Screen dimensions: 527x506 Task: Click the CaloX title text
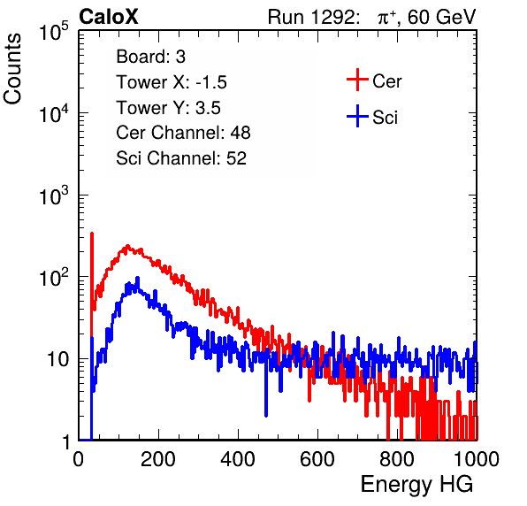[x=109, y=17]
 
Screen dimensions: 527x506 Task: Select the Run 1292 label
[x=311, y=17]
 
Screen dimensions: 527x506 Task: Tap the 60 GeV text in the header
[x=441, y=17]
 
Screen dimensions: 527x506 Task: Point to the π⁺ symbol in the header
[x=386, y=17]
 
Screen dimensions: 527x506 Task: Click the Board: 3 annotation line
[x=150, y=57]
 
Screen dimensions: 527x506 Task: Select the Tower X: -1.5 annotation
[x=172, y=82]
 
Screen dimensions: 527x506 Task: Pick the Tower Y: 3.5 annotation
[x=168, y=108]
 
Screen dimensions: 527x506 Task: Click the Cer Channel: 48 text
[x=183, y=133]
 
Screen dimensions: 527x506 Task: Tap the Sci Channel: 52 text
[x=181, y=158]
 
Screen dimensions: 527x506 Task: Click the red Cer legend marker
[x=357, y=80]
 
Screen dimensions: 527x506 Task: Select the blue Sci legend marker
[x=357, y=116]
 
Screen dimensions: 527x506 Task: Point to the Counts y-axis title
[x=12, y=69]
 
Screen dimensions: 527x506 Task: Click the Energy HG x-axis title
[x=416, y=485]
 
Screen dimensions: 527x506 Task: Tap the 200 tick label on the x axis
[x=158, y=459]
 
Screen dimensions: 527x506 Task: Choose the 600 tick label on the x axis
[x=317, y=459]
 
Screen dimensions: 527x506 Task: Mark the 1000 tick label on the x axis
[x=477, y=459]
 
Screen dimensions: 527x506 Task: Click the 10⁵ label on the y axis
[x=54, y=32]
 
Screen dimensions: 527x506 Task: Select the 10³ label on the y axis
[x=54, y=195]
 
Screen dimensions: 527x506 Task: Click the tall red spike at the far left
[x=92, y=286]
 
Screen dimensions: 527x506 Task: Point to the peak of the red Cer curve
[x=127, y=247]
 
